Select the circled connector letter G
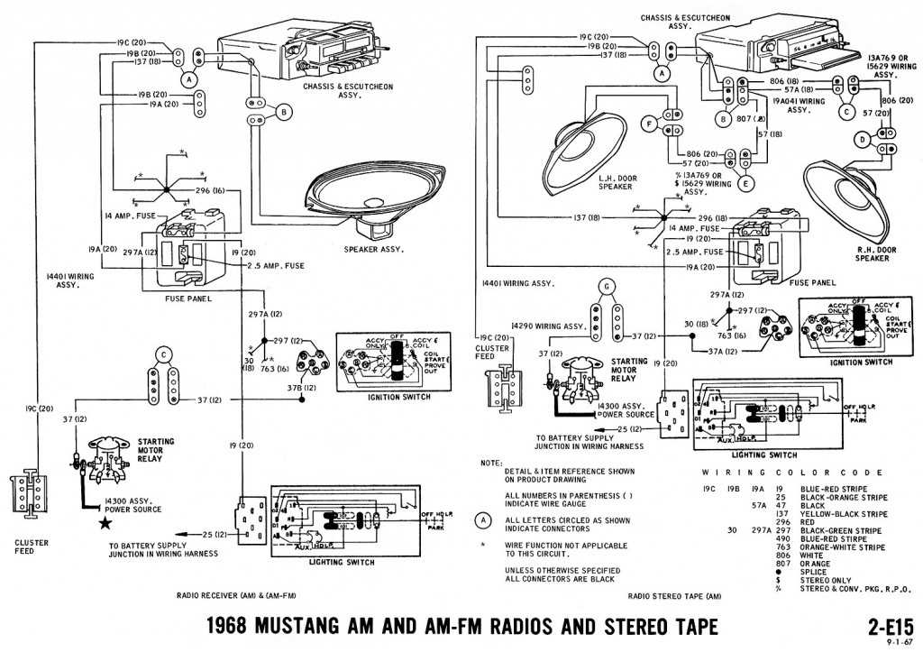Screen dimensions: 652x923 coord(607,287)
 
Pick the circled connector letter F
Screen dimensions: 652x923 coord(647,124)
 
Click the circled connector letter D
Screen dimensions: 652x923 coord(863,140)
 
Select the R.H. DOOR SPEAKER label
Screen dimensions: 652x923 coord(872,253)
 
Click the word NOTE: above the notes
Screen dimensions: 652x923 coord(491,462)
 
